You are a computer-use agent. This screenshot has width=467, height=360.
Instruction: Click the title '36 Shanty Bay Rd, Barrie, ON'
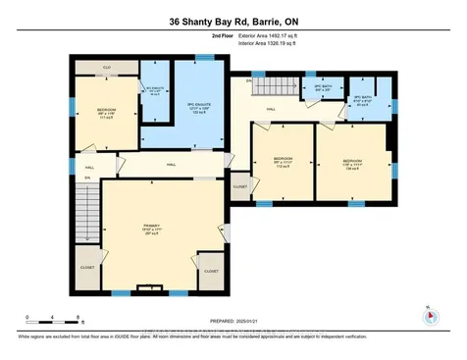point(233,21)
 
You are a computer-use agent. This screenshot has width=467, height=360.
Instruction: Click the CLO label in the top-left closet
point(106,67)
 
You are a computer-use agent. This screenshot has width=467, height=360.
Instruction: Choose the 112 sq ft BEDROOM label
point(281,163)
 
